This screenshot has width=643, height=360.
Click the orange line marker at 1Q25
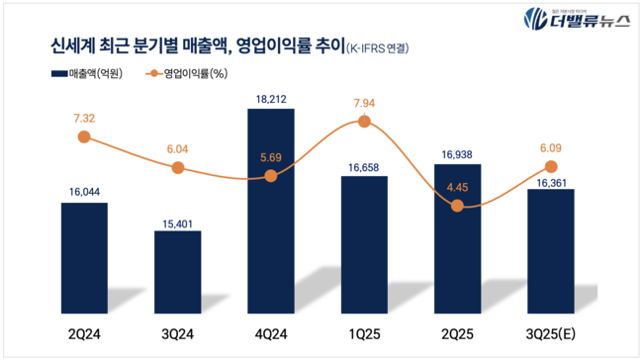(364, 121)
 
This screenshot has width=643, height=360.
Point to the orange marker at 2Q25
(457, 206)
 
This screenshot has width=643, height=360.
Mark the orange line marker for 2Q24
(84, 137)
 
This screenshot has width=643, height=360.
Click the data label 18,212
(270, 99)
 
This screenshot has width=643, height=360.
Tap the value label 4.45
(457, 186)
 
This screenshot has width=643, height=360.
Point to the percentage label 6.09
(550, 147)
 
